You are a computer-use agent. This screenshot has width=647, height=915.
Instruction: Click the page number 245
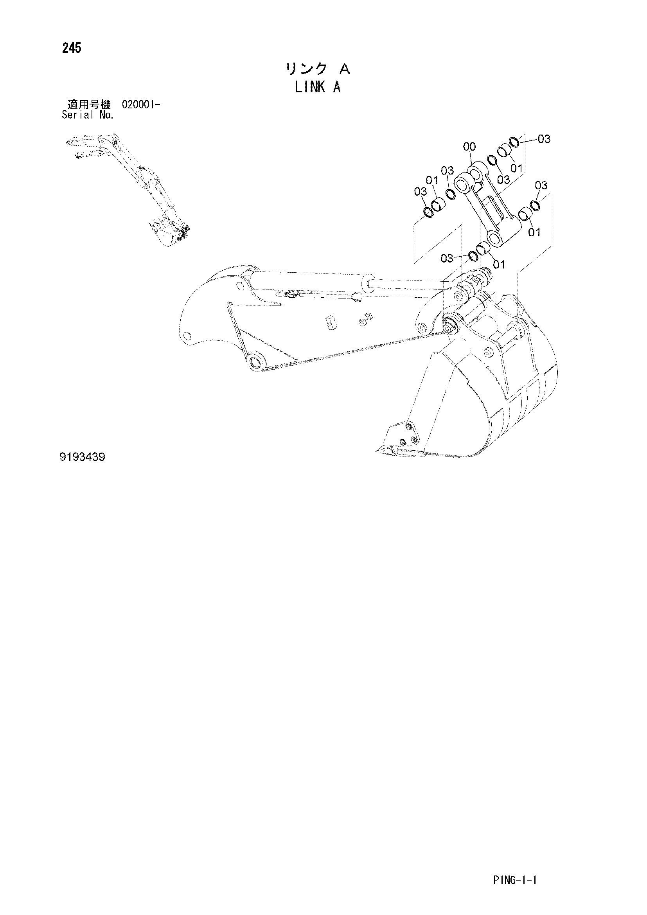[x=72, y=48]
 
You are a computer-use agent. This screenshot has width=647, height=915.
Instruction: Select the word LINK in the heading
[x=310, y=87]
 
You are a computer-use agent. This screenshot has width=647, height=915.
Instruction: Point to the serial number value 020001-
[x=141, y=105]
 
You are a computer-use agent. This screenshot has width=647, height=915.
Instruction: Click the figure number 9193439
[x=82, y=457]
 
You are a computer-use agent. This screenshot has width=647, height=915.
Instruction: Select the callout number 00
[x=470, y=147]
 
